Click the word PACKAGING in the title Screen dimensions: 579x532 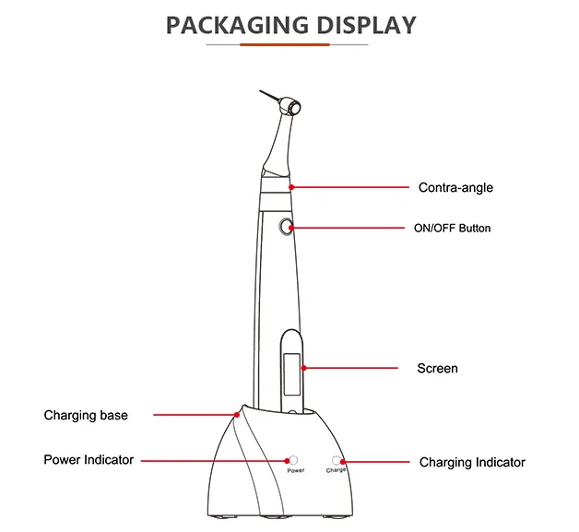point(237,25)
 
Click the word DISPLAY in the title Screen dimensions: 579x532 point(366,25)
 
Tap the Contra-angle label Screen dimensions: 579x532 point(455,187)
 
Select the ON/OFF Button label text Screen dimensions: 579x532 point(453,228)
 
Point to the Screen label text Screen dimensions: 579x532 point(438,368)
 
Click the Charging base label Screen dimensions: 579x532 point(86,415)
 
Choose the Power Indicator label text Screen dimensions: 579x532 point(89,460)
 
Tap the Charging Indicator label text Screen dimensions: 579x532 point(472,462)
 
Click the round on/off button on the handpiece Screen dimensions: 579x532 point(286,227)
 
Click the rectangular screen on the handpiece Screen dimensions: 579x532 point(291,374)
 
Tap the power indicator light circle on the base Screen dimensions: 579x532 point(293,460)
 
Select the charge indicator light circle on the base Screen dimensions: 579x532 point(336,460)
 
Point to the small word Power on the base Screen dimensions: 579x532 point(296,471)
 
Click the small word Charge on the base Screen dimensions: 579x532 point(336,470)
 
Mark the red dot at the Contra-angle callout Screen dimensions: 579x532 point(291,187)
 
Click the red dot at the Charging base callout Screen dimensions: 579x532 point(237,415)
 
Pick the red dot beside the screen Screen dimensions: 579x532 point(303,368)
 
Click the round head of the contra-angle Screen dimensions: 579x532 point(290,107)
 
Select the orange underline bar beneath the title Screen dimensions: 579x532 point(285,44)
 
